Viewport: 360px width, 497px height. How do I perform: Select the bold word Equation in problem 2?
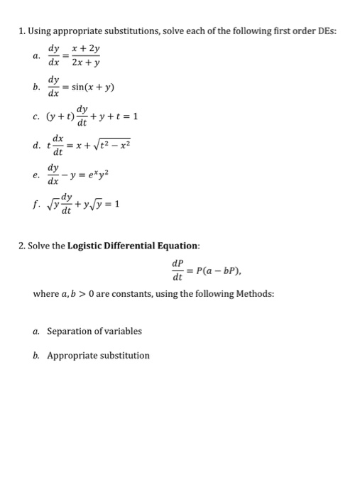pyautogui.click(x=180, y=246)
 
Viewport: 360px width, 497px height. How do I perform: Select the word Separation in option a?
pyautogui.click(x=71, y=331)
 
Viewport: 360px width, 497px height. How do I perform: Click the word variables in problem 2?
pyautogui.click(x=124, y=331)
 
